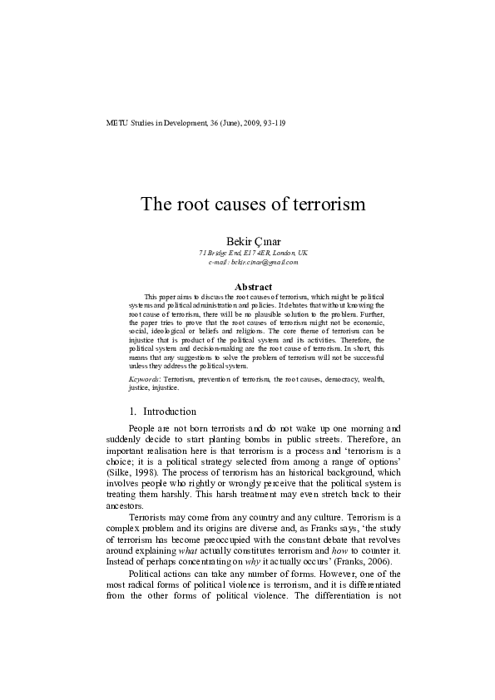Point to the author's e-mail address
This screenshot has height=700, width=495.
click(x=253, y=262)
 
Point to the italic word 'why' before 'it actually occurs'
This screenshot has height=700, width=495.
click(x=248, y=561)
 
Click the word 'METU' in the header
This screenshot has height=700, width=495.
click(x=118, y=123)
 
